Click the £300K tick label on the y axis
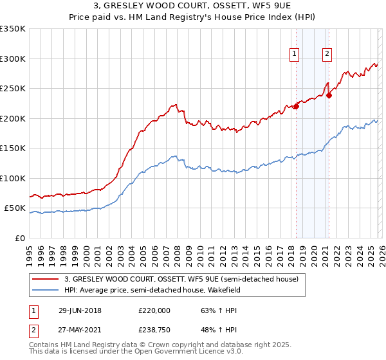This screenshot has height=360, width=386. [13, 59]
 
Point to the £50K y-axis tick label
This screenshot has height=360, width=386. [15, 208]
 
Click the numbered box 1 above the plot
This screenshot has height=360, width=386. [295, 55]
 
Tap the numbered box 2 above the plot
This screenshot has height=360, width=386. [327, 55]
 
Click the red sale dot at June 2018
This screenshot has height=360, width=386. [296, 107]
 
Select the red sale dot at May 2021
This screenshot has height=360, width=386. [329, 95]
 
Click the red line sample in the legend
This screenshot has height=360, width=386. [46, 280]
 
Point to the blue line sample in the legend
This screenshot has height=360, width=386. [46, 291]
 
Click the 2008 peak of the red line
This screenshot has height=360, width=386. [174, 104]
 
